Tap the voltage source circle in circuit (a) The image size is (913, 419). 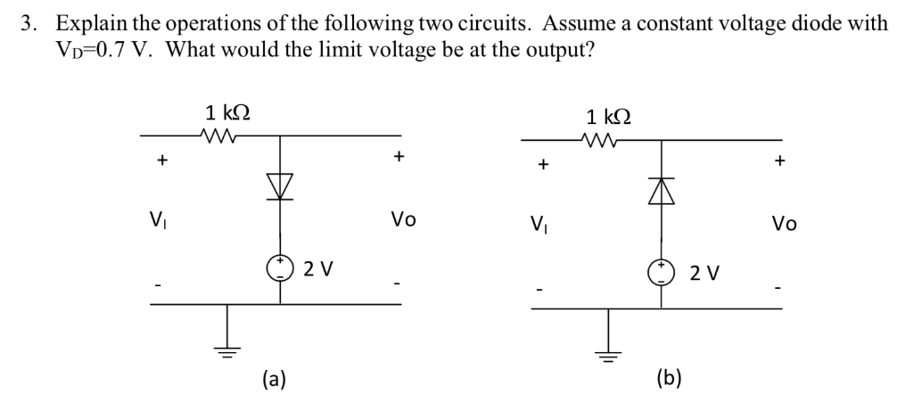[x=281, y=267]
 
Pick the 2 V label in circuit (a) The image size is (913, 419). [x=318, y=267]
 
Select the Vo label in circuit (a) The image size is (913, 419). [x=403, y=219]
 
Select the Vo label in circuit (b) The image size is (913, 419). [x=785, y=224]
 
